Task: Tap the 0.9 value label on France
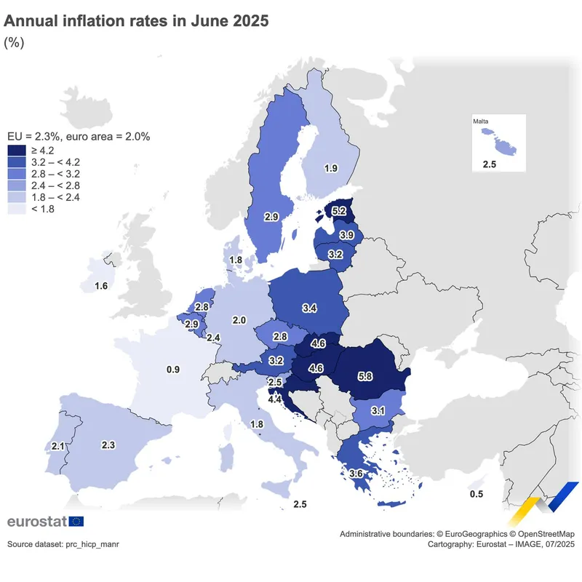click(173, 370)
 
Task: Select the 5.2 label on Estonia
click(339, 211)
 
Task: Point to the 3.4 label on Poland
click(308, 308)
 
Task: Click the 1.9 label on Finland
click(331, 168)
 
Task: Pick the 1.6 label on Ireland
click(101, 286)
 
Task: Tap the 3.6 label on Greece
click(356, 474)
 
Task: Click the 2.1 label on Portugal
click(59, 446)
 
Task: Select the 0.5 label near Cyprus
click(477, 495)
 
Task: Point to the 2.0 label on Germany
click(239, 320)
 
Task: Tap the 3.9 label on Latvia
click(347, 235)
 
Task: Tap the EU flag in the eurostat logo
click(76, 521)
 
